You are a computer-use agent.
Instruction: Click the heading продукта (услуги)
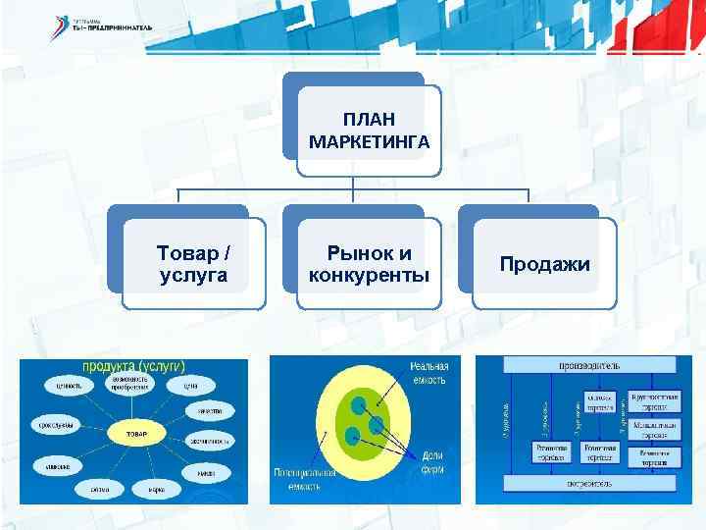(x=133, y=366)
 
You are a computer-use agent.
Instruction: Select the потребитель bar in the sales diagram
(x=588, y=483)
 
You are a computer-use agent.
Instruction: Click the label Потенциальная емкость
(x=305, y=480)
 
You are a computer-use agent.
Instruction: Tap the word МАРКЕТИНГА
(x=369, y=142)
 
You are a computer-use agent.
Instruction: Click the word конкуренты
(x=369, y=274)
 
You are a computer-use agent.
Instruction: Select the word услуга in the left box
(x=193, y=276)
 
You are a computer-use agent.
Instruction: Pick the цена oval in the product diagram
(x=190, y=386)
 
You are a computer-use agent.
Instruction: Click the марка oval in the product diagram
(x=156, y=488)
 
